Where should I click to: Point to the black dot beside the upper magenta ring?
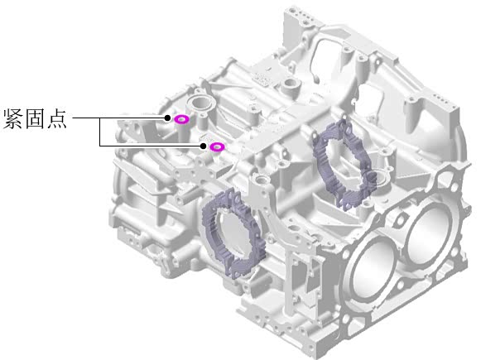click(167, 118)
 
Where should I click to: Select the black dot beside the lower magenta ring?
click(203, 146)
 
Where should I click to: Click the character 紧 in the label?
click(13, 118)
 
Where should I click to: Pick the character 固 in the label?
click(35, 118)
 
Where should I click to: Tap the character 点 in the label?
click(56, 118)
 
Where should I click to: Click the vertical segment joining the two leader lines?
click(100, 132)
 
